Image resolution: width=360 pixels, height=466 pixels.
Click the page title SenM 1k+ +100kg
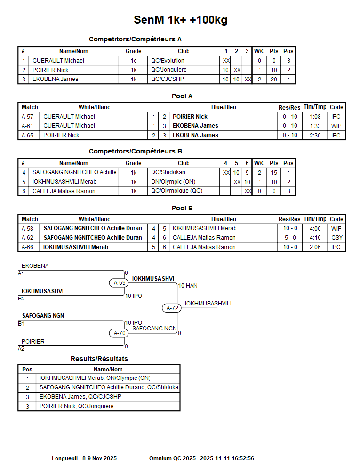181,20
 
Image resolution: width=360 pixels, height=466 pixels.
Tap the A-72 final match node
173,308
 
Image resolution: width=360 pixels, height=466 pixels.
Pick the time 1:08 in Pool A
315,117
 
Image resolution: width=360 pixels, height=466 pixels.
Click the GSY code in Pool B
336,238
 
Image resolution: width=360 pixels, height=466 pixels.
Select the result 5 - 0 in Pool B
289,238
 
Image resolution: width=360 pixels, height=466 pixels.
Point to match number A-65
27,135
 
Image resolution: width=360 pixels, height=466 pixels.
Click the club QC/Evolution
168,61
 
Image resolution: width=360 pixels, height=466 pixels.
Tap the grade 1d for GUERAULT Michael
134,61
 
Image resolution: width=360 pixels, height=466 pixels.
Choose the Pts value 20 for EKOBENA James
273,80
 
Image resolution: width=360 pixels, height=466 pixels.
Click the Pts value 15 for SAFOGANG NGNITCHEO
273,173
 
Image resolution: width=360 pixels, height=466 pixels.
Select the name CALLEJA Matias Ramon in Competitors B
64,191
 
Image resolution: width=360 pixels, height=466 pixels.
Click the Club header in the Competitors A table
184,51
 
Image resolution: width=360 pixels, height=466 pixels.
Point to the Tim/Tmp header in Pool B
315,219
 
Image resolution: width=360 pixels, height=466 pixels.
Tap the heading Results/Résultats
99,359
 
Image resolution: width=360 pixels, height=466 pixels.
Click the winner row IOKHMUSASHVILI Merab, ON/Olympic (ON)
95,378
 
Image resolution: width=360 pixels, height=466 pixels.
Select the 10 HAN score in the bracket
188,286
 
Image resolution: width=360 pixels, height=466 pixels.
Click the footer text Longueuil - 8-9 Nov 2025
84,458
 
